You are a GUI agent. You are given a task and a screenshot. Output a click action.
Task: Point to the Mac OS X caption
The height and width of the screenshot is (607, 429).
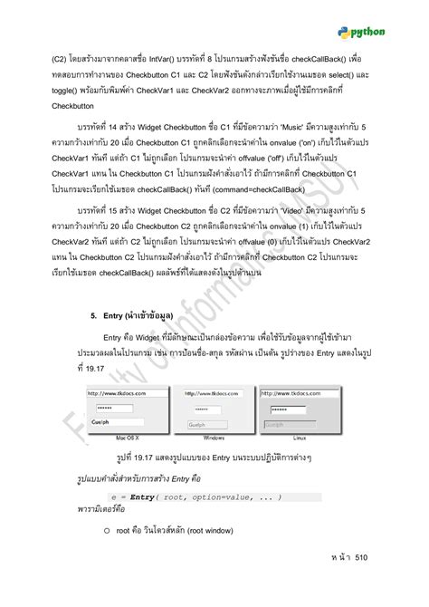click(x=117, y=437)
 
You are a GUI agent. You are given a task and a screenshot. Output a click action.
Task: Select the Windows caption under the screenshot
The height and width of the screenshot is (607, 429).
click(x=214, y=437)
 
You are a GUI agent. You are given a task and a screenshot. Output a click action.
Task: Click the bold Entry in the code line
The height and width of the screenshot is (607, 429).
click(x=143, y=497)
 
